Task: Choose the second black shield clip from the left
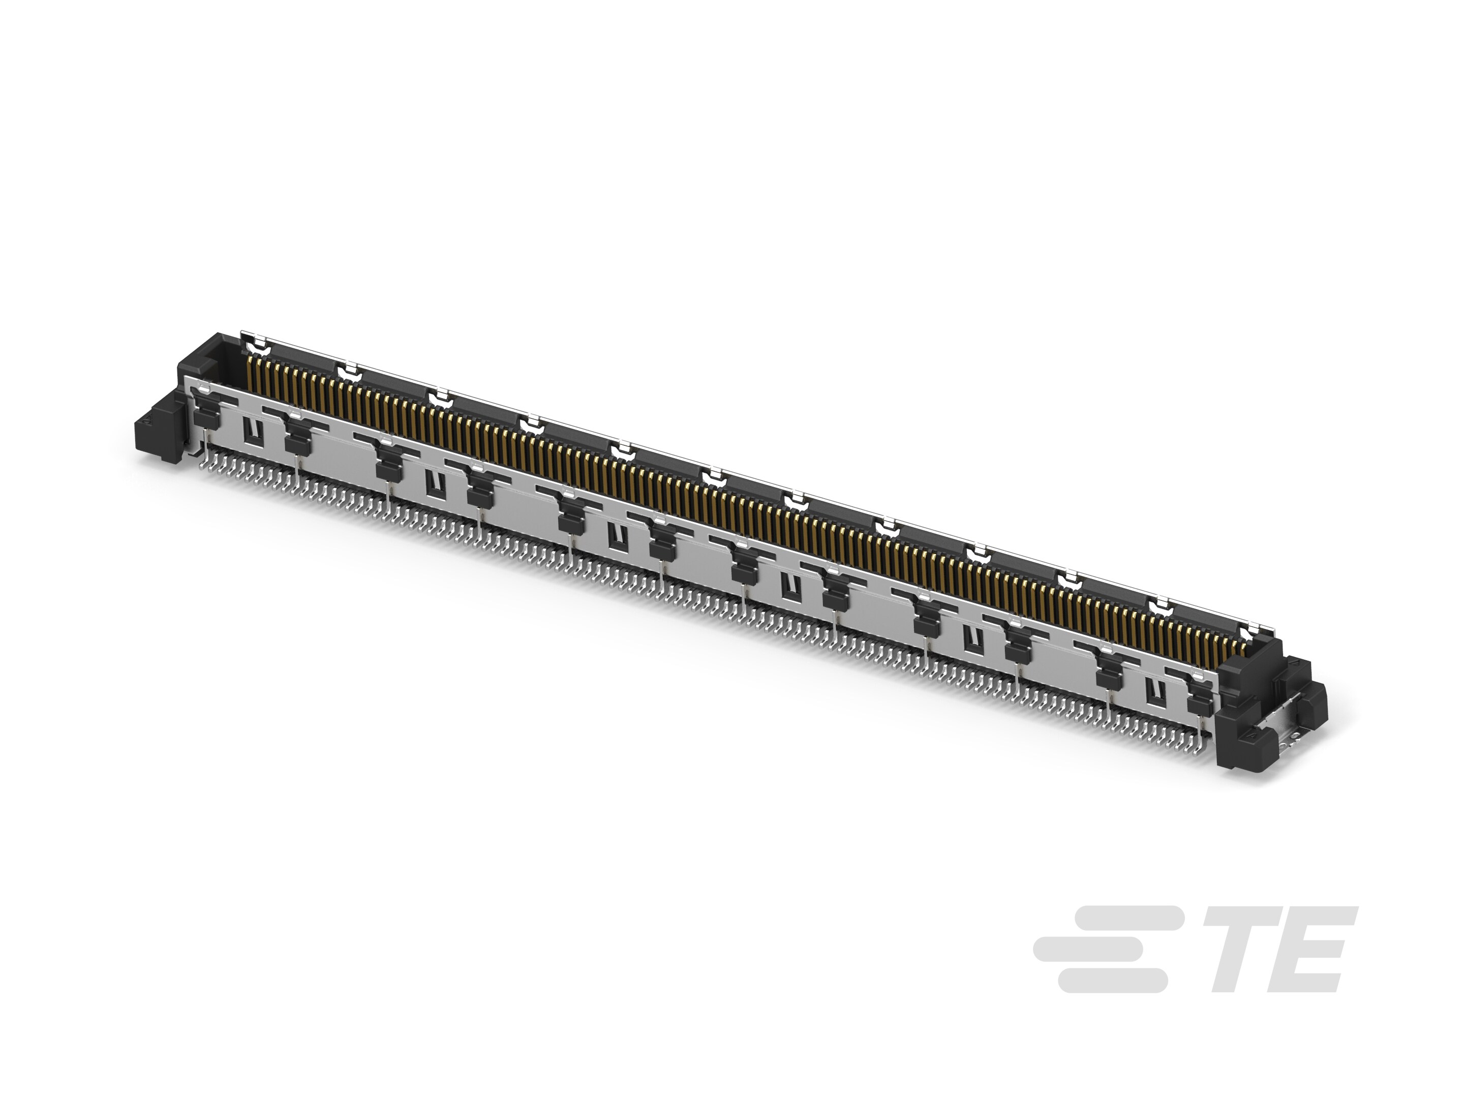click(297, 438)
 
